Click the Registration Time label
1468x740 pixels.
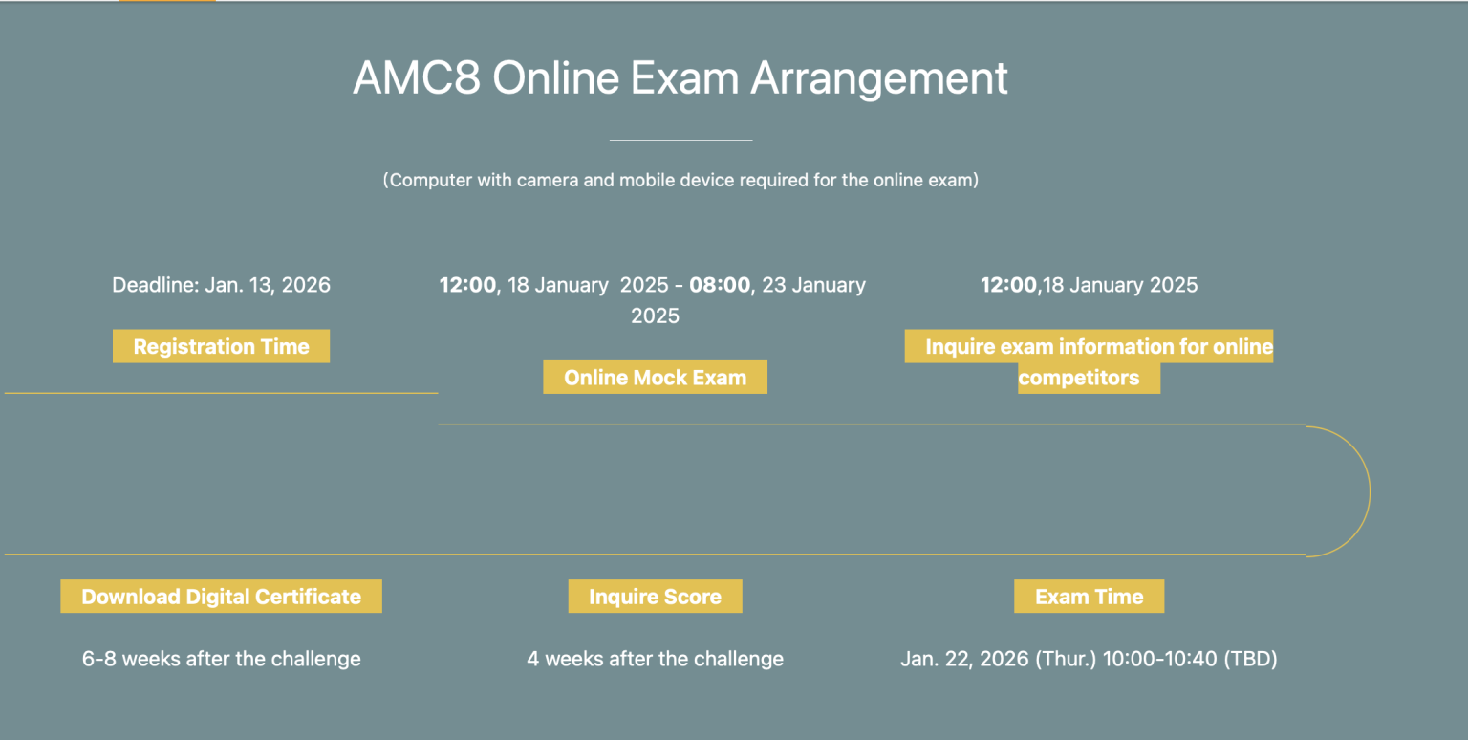(x=221, y=346)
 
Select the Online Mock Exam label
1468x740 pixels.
(x=655, y=377)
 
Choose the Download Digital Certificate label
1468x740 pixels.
(x=221, y=597)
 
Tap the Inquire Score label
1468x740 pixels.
(x=655, y=597)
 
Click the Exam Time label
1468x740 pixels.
(x=1089, y=597)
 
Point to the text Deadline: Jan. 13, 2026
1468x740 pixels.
(x=221, y=285)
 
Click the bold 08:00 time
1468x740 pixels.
(x=720, y=285)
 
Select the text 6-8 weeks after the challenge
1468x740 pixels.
(x=221, y=659)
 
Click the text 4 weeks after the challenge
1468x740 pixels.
(x=655, y=659)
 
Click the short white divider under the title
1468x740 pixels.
(x=680, y=141)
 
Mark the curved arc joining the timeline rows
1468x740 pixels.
(x=1369, y=491)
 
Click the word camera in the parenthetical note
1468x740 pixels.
(x=548, y=180)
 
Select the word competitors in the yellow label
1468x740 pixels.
(x=1079, y=378)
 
